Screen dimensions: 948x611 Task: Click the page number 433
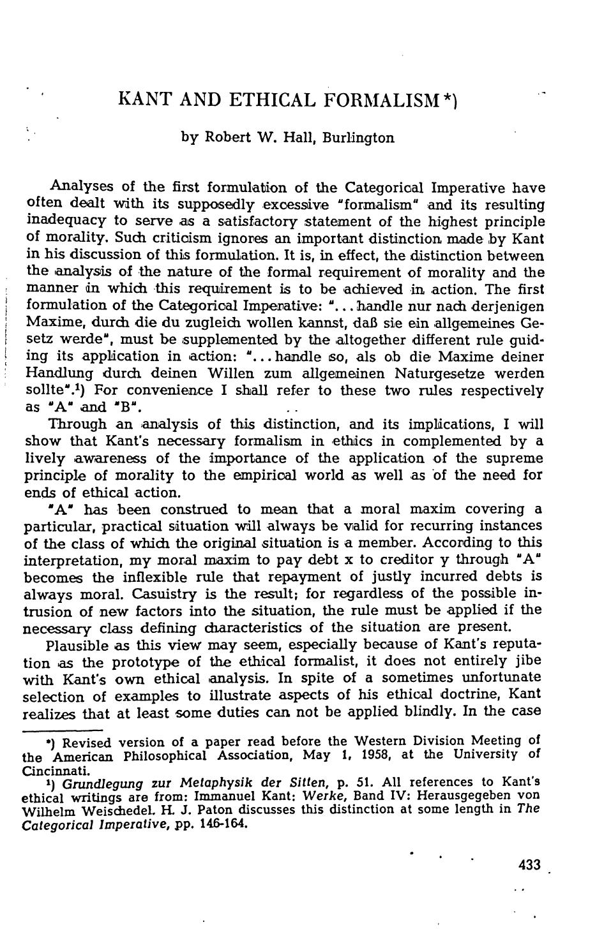529,865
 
